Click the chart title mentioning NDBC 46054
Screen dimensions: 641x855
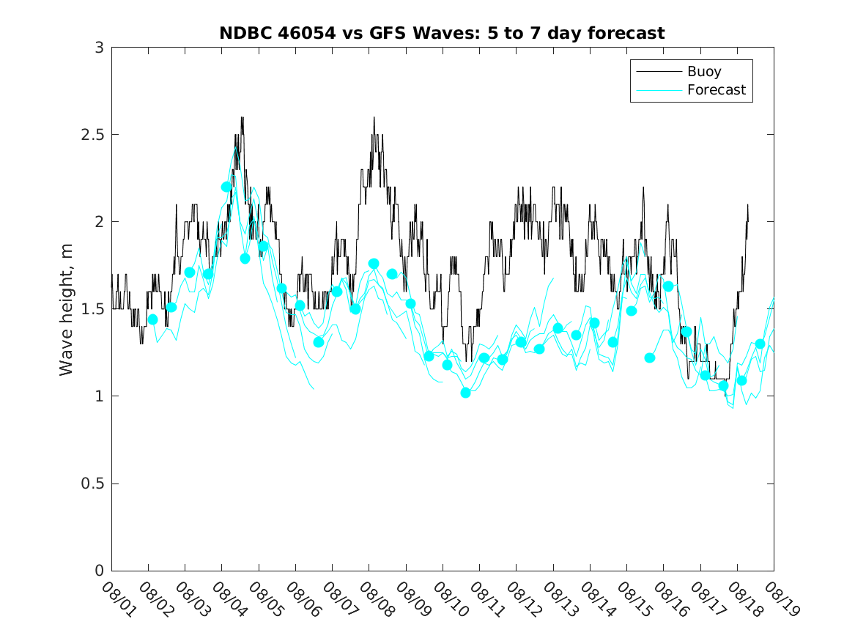point(442,33)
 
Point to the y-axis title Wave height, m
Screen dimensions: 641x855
point(67,309)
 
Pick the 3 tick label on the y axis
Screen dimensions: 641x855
point(98,48)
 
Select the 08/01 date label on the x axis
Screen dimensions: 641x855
point(116,599)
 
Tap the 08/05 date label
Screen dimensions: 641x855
point(264,599)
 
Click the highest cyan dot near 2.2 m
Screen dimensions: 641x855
point(226,187)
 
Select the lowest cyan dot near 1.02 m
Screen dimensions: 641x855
point(465,393)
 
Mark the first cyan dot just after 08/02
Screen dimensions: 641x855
point(152,319)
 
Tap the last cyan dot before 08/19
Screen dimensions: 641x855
point(760,344)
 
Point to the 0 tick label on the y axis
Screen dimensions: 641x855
point(98,571)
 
